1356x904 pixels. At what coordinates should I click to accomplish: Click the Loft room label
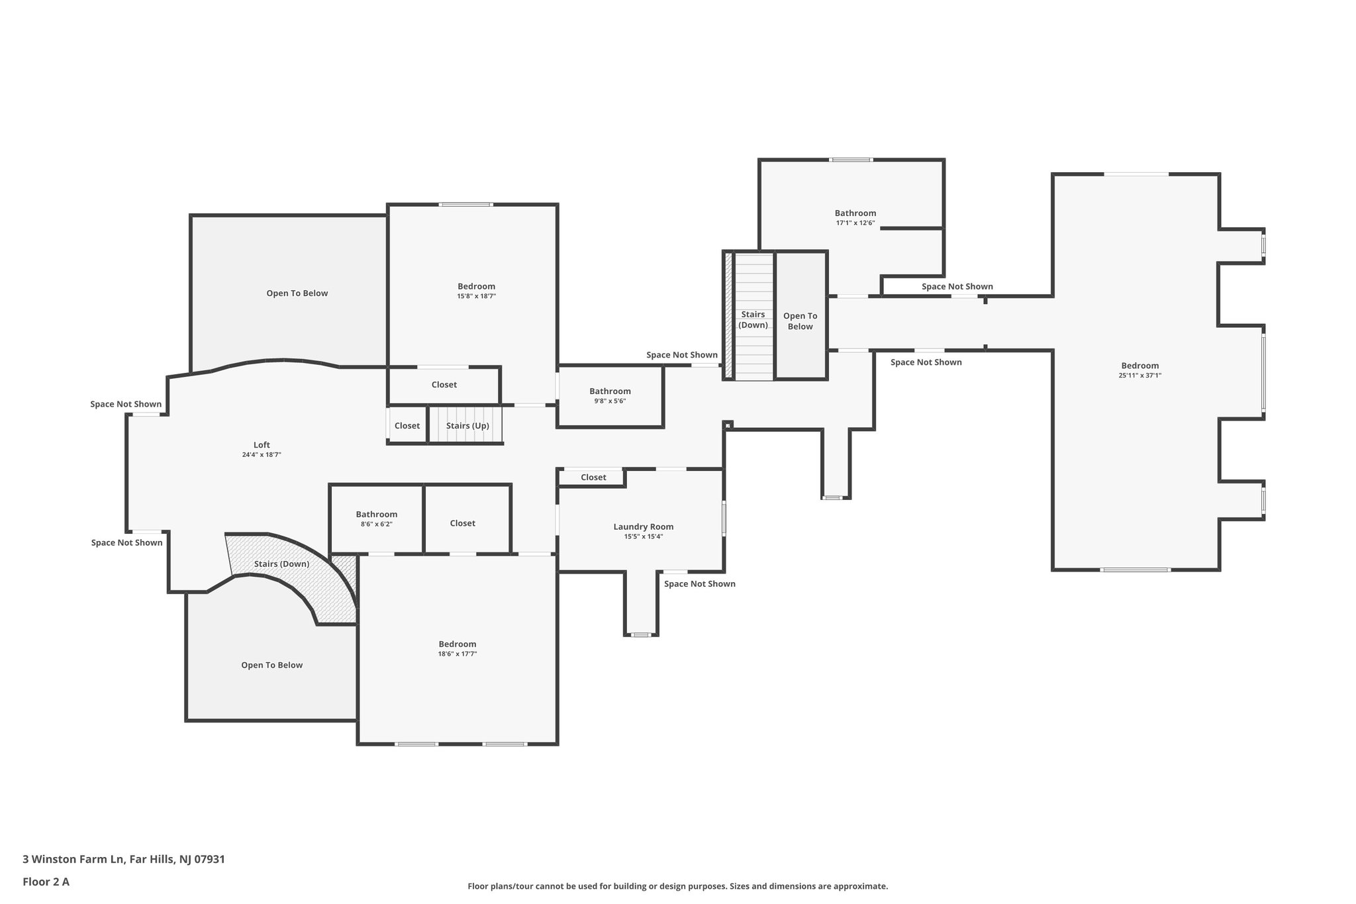[262, 445]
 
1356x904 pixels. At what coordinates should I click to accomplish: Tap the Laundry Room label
[643, 527]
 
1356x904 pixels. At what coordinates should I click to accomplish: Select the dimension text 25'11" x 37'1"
[1139, 376]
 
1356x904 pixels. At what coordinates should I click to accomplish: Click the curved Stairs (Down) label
[281, 564]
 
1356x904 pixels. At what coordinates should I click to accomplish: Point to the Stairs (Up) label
[467, 426]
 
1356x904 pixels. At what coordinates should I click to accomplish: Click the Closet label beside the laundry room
[593, 477]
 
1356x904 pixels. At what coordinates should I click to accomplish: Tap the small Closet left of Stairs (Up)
[407, 426]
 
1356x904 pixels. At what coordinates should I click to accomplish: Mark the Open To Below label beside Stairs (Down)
[800, 321]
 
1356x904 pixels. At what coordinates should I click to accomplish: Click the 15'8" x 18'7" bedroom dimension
[476, 297]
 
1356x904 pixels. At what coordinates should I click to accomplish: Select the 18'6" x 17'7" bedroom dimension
[457, 654]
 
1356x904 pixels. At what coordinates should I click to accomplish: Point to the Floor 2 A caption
[46, 881]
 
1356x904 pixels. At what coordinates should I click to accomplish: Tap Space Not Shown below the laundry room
[699, 584]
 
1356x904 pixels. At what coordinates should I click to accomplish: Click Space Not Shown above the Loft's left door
[126, 404]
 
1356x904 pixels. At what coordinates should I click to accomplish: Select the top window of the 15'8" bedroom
[465, 205]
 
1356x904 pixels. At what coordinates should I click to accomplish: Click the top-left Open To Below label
[297, 293]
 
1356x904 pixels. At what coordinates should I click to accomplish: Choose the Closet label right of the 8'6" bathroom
[462, 523]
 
